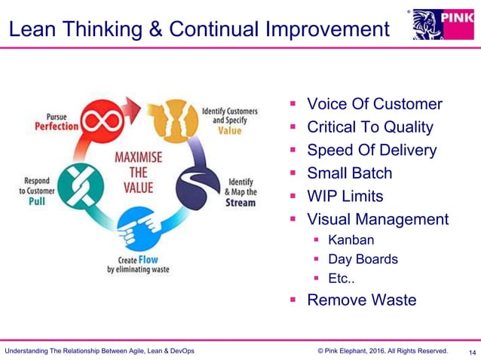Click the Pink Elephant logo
443,24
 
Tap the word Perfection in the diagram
57,127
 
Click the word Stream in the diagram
240,203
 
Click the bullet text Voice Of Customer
374,104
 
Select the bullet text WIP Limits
345,197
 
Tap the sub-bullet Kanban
351,241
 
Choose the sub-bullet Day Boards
363,259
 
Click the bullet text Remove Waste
361,300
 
